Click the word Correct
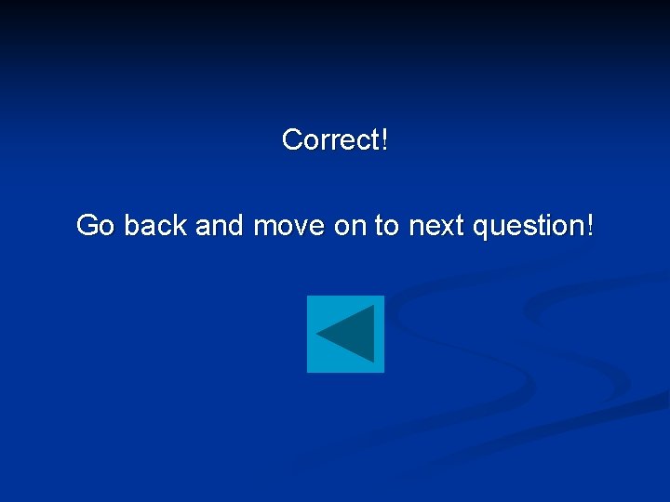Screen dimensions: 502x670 point(330,140)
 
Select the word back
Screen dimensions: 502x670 point(157,225)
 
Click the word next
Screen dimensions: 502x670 point(435,225)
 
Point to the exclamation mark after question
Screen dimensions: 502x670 point(589,225)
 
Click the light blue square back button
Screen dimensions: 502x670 point(345,334)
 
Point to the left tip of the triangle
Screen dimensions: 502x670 point(316,334)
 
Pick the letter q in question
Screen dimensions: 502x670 point(480,228)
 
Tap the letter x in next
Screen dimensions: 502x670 point(444,226)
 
